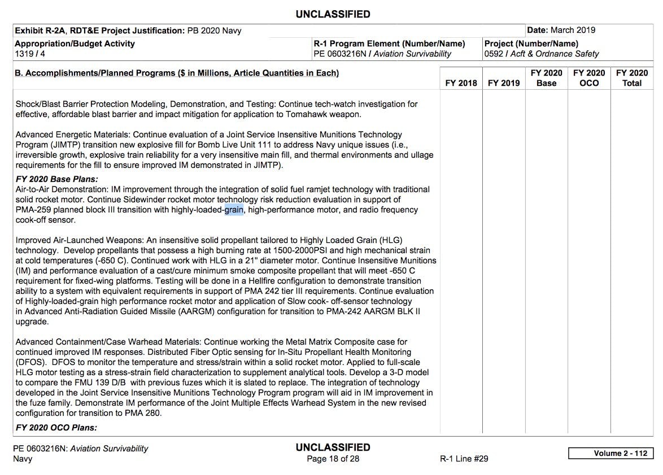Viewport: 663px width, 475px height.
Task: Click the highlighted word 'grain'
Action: coord(234,210)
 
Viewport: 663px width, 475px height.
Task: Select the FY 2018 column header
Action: coord(461,83)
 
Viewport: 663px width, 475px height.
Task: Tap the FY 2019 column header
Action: coord(504,83)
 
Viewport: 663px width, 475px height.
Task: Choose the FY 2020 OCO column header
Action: coord(589,78)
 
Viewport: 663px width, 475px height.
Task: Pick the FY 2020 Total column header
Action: coord(632,78)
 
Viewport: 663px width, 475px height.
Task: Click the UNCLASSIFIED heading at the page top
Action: coord(333,14)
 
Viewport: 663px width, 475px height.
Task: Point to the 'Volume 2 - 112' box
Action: coord(610,454)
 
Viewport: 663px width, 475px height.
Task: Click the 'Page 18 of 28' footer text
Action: coord(333,459)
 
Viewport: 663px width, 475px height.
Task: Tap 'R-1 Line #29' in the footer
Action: coord(464,459)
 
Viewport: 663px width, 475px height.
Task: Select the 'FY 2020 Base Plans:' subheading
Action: coord(56,180)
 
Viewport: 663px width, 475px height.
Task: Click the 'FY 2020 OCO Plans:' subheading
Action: coord(56,428)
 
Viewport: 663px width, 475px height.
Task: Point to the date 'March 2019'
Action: coord(573,30)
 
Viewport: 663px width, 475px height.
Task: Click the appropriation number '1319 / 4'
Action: coord(30,54)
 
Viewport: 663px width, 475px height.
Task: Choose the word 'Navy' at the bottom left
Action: coord(23,459)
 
